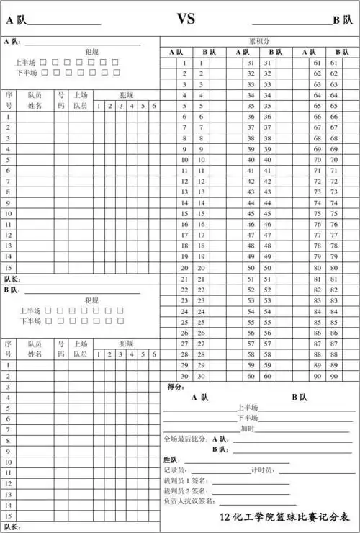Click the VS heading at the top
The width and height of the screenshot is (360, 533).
pyautogui.click(x=186, y=18)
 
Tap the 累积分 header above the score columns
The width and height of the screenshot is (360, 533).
pyautogui.click(x=259, y=42)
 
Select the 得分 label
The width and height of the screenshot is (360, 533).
pyautogui.click(x=175, y=387)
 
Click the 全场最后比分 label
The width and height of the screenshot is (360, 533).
pyautogui.click(x=185, y=439)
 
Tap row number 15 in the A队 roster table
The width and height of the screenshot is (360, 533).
pyautogui.click(x=9, y=267)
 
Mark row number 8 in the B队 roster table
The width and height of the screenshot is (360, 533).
pyautogui.click(x=9, y=440)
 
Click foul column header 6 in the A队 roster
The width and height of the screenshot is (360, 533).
pyautogui.click(x=153, y=107)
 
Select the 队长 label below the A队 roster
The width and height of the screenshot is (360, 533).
pyautogui.click(x=13, y=279)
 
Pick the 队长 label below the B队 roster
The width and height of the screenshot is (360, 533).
pyautogui.click(x=13, y=527)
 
